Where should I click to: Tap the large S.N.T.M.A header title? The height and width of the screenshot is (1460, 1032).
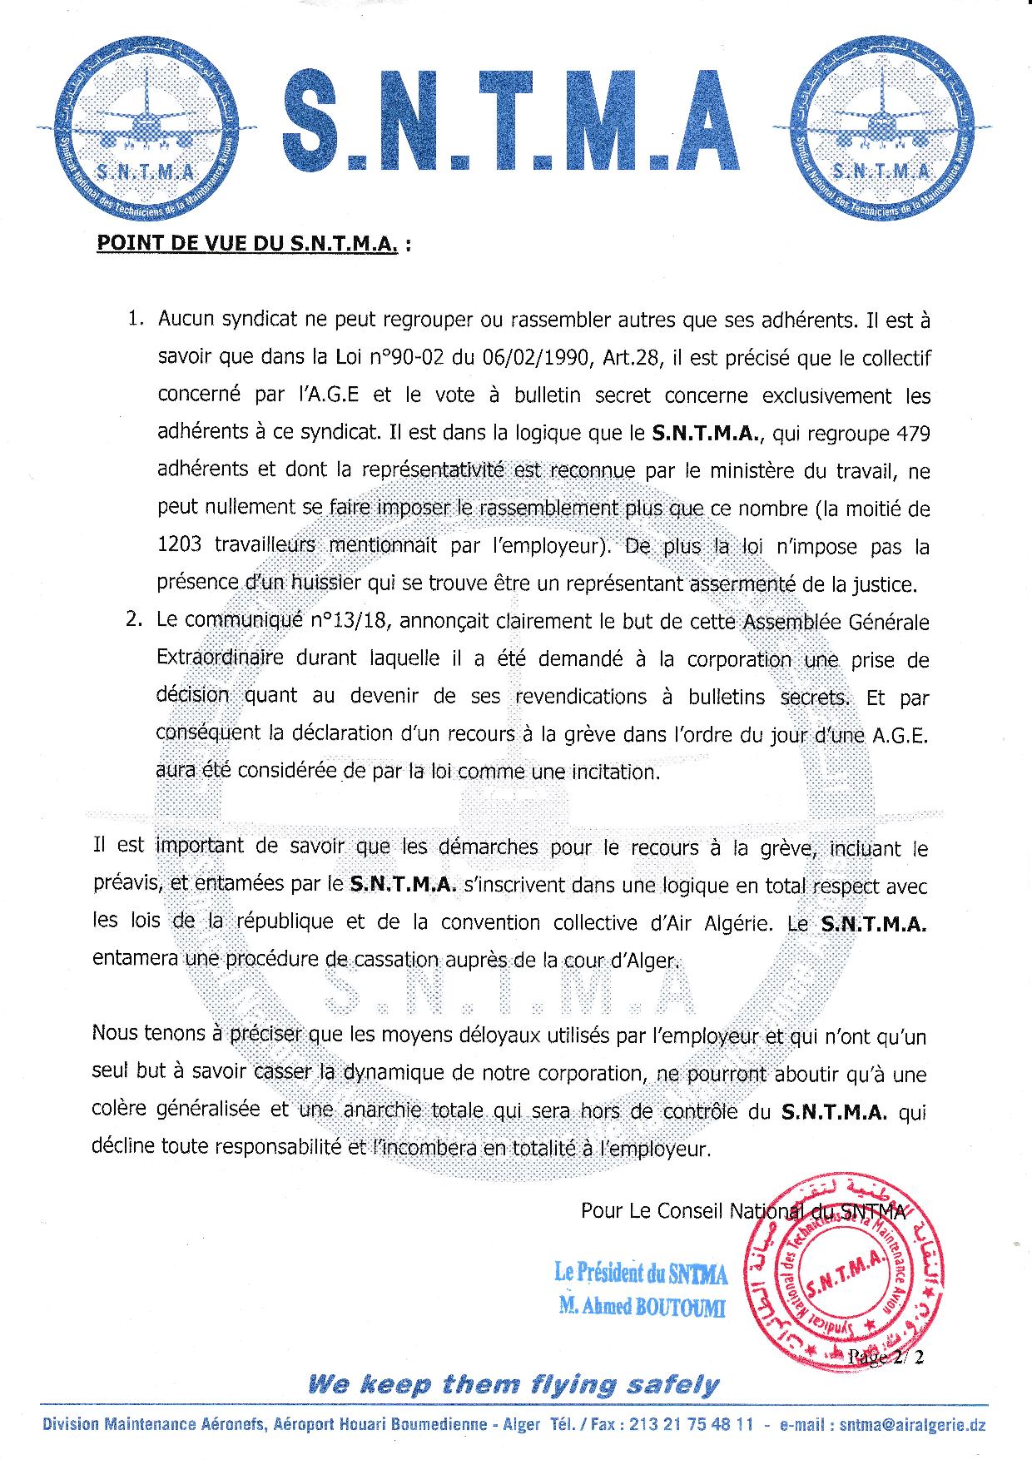point(511,125)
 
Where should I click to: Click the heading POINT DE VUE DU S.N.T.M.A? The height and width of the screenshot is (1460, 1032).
point(246,245)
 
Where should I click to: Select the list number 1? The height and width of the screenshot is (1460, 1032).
point(135,319)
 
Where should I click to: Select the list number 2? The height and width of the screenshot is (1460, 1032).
point(135,621)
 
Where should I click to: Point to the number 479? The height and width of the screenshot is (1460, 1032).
point(910,434)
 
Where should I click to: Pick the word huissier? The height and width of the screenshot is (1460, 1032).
point(326,584)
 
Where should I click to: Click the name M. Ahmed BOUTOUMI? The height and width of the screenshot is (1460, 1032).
point(643,1308)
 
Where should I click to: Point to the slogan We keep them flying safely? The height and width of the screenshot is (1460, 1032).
point(514,1385)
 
